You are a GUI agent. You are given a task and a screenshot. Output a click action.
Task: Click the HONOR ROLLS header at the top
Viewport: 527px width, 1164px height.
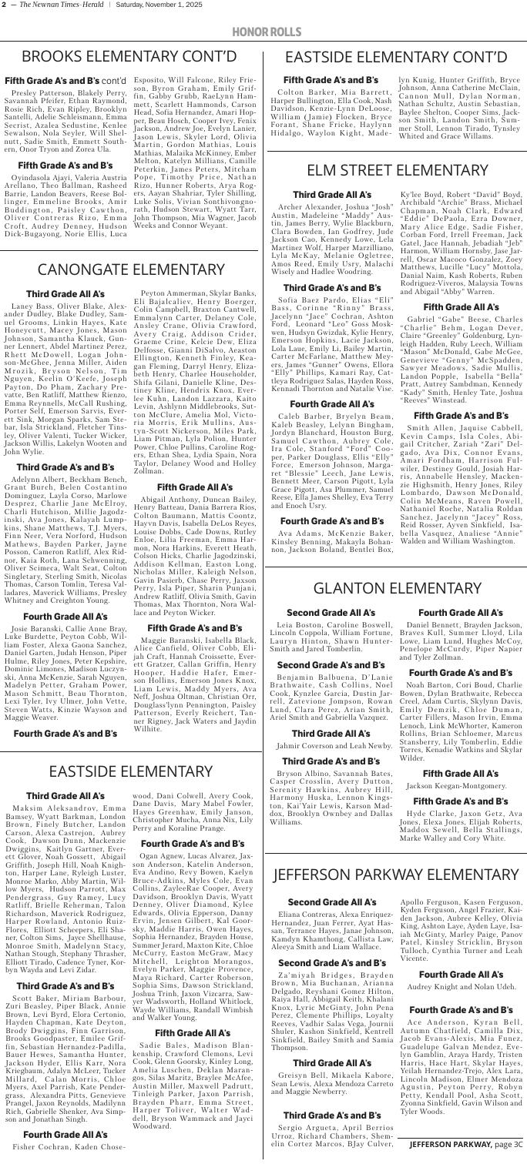(263, 31)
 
